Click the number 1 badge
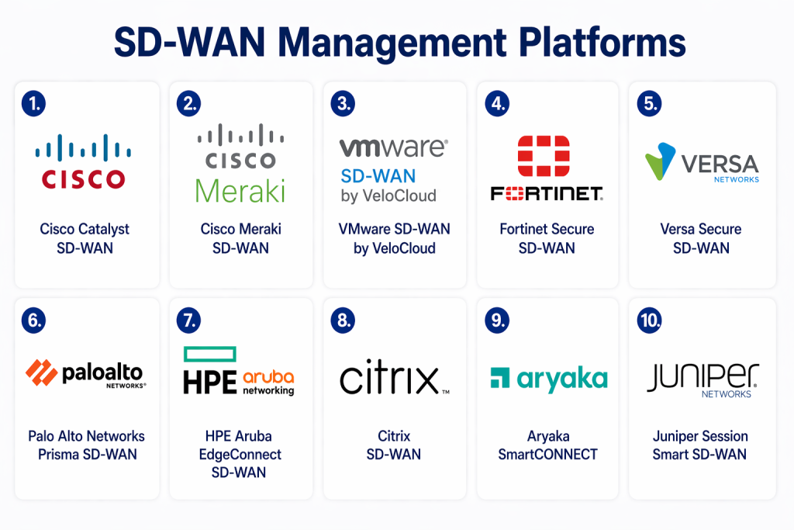tap(34, 103)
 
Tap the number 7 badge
tap(188, 320)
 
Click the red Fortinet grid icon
tap(544, 156)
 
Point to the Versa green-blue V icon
tap(661, 161)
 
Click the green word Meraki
tap(240, 190)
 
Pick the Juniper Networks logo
tap(703, 379)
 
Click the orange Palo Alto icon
tap(42, 372)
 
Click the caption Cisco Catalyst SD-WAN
tap(85, 238)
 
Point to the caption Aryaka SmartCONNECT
tap(547, 445)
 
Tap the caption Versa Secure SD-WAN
tap(700, 238)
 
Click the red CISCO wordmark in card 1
tap(83, 180)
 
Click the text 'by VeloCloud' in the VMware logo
tap(388, 196)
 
